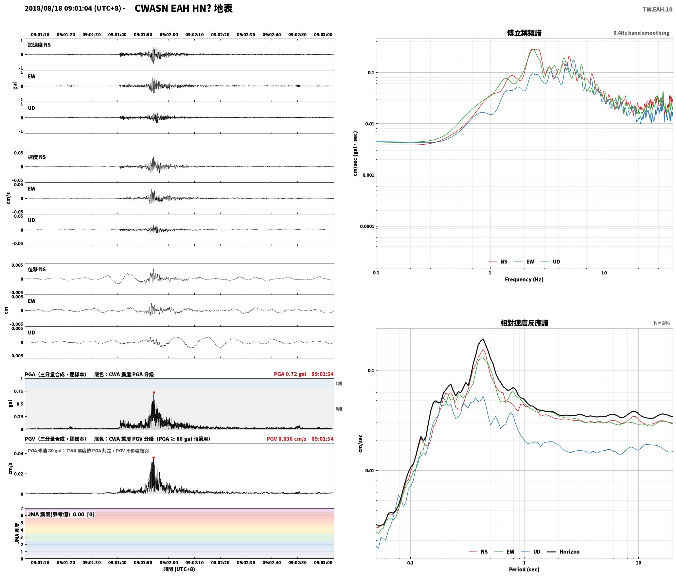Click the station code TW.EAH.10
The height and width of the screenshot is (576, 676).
coord(657,9)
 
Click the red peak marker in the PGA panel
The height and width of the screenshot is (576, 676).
coord(154,392)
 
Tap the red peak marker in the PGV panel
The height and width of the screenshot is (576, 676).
coord(153,458)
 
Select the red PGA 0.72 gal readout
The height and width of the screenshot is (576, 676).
coord(290,374)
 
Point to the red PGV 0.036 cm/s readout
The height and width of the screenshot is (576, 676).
coord(287,439)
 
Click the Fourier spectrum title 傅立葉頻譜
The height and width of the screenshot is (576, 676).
coord(524,33)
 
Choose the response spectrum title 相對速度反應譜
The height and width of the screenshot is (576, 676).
coord(524,323)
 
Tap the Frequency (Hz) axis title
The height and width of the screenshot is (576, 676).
coord(524,279)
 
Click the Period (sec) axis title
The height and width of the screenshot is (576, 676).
coord(524,569)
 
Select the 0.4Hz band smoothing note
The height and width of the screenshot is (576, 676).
coord(641,33)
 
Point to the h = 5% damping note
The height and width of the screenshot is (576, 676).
coord(662,323)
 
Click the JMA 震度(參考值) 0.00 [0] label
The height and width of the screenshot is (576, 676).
coord(61,514)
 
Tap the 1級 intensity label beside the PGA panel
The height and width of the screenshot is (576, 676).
coord(339,383)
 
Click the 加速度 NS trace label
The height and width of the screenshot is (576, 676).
coord(39,45)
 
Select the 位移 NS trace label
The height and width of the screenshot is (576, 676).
coord(37,269)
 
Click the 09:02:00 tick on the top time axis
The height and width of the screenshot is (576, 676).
coord(169,34)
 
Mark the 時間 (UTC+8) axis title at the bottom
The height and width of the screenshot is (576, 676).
coord(179,569)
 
